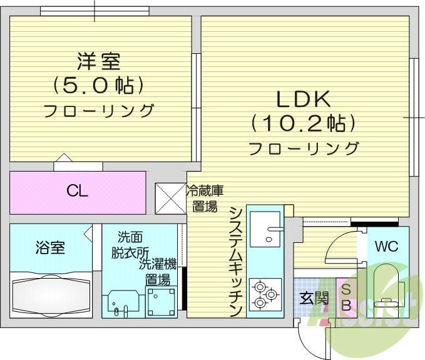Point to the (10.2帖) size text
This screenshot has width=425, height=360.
[303, 123]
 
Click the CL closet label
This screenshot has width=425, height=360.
[78, 191]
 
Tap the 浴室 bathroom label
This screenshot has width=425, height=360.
[49, 248]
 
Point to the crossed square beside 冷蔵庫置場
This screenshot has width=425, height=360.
[169, 197]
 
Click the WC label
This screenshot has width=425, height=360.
[387, 245]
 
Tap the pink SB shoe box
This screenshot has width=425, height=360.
[345, 297]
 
